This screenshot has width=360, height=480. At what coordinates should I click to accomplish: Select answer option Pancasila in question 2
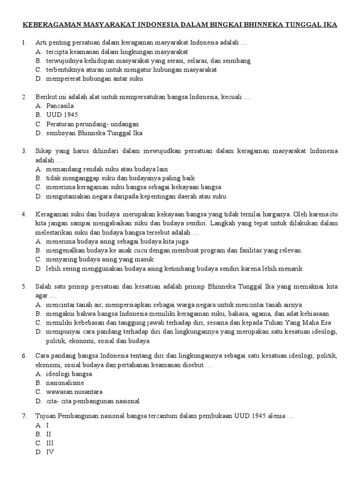coord(60,106)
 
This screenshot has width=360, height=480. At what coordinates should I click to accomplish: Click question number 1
coord(24,43)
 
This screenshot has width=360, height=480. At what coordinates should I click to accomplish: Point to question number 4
coord(24,214)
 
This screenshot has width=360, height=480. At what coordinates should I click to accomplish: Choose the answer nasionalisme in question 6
coord(65,383)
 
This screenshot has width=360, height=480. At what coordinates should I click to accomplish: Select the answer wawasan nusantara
coord(74,392)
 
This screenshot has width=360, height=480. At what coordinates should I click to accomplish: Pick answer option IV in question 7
coord(50,452)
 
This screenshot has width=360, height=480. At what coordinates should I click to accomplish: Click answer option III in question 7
coord(49,443)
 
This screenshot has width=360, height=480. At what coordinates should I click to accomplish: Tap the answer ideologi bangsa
coord(69,374)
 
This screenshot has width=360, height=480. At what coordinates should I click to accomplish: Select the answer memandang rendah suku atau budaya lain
coord(107,169)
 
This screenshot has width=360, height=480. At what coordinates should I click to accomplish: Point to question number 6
coord(24,356)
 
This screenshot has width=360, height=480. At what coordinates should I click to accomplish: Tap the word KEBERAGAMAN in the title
coord(51,24)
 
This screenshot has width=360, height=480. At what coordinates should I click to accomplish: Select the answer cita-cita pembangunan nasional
coord(93,401)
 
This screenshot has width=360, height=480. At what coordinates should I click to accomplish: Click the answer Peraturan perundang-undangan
coord(92,124)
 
